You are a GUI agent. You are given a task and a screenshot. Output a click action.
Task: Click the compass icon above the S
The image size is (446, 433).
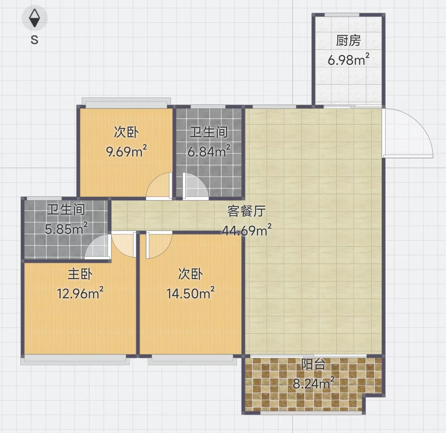tap(35, 18)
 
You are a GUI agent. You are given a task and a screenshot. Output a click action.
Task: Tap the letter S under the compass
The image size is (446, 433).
tap(34, 40)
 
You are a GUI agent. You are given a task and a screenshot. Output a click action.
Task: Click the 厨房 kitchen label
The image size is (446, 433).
tap(348, 41)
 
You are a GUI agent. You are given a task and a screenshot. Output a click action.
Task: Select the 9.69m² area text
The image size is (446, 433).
tap(126, 151)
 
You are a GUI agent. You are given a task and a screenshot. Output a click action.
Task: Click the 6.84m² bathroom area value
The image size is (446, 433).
tap(209, 151)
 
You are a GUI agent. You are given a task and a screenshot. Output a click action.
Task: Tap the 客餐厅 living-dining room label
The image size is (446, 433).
tap(247, 211)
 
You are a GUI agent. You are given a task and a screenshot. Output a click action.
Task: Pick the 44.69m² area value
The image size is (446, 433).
tap(247, 230)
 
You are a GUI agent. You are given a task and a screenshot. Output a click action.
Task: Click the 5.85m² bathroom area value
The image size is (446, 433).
tap(66, 228)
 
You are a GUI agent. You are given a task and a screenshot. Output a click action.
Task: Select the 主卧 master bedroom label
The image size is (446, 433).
tap(80, 274)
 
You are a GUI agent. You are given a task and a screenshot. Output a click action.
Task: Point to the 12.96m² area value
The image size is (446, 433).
tap(80, 293)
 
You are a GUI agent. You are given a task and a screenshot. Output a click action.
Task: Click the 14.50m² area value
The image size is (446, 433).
tap(190, 293)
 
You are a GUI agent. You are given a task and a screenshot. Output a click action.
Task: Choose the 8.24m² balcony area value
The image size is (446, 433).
tap(313, 383)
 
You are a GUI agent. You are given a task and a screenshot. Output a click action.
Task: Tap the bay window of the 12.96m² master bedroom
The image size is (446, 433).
tap(75, 359)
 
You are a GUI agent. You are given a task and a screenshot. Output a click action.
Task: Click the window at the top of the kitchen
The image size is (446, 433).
tap(342, 15)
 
